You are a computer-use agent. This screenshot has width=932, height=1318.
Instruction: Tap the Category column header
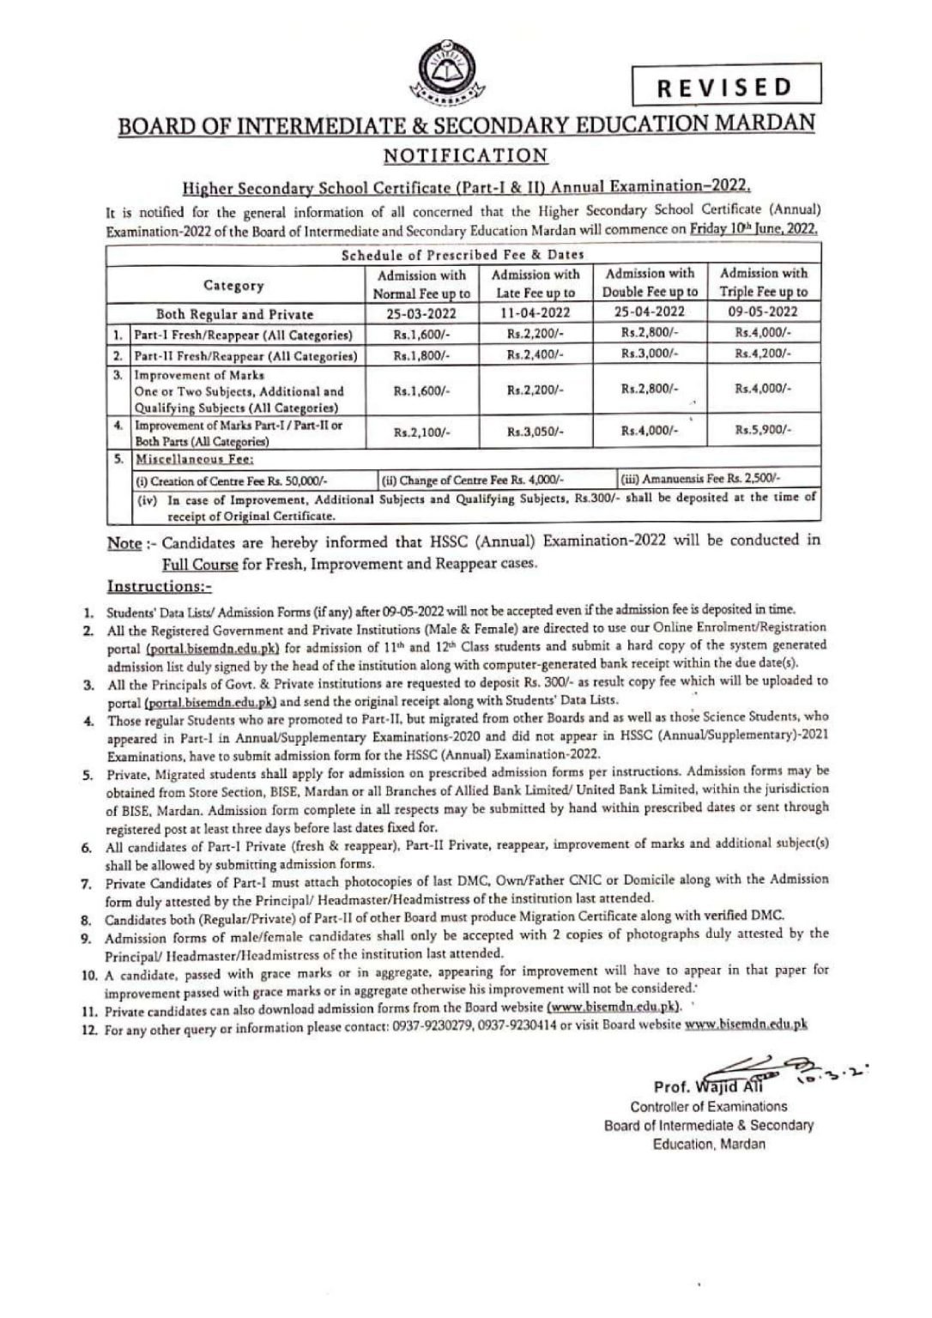point(233,285)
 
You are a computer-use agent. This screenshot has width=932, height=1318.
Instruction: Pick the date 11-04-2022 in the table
point(535,313)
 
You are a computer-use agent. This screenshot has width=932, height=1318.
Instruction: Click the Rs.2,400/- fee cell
point(535,354)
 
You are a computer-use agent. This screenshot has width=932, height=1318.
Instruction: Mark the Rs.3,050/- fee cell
point(535,432)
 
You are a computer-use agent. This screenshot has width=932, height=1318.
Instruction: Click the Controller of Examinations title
point(696,1107)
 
